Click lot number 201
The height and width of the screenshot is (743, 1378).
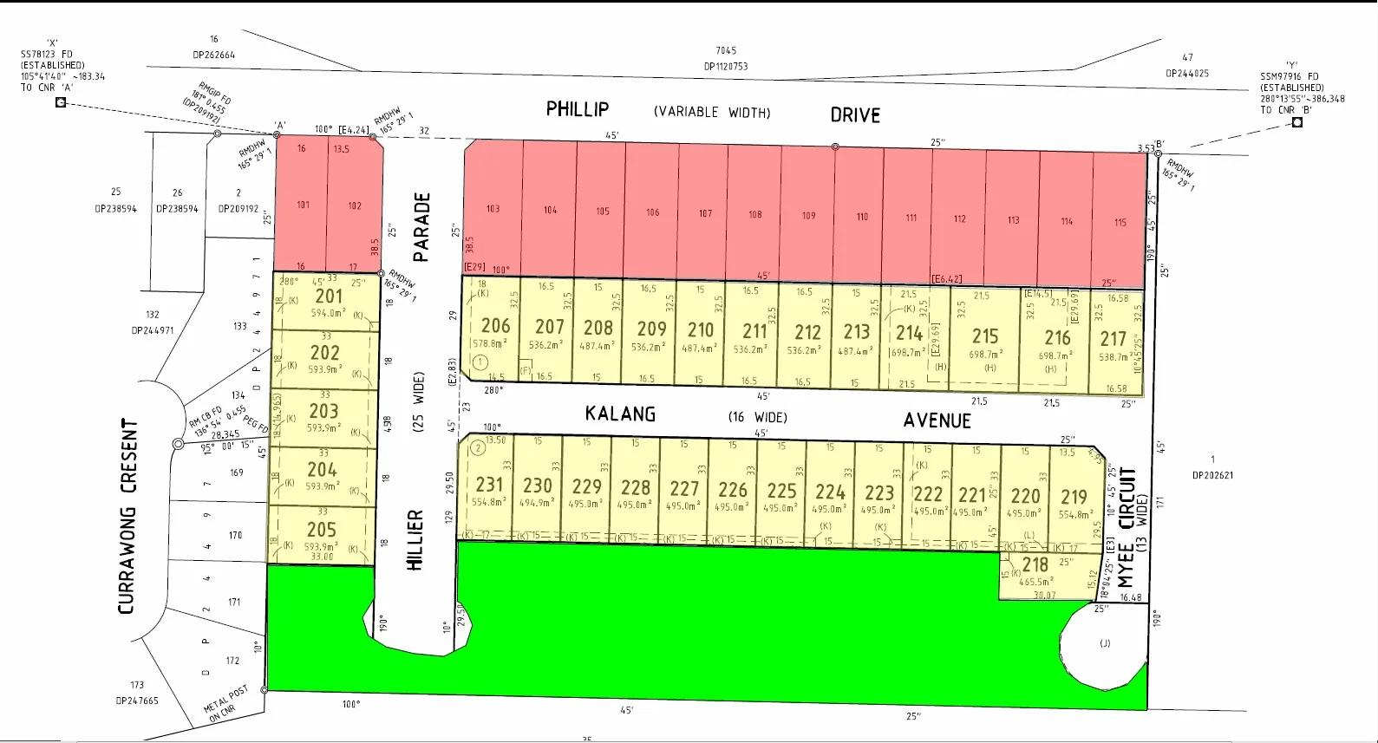pyautogui.click(x=329, y=297)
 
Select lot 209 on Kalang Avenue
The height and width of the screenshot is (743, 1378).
pyautogui.click(x=651, y=329)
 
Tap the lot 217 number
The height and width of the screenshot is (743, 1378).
pyautogui.click(x=1114, y=339)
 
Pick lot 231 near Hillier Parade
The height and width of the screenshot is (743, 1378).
pyautogui.click(x=489, y=486)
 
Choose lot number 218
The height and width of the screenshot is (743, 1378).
pyautogui.click(x=1035, y=565)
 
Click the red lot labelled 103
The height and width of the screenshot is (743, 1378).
pyautogui.click(x=493, y=209)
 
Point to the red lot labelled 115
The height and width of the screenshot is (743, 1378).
pyautogui.click(x=1120, y=223)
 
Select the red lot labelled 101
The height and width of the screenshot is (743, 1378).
pyautogui.click(x=303, y=205)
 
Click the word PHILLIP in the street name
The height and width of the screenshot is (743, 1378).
pyautogui.click(x=578, y=109)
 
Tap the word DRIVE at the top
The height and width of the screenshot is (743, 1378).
pyautogui.click(x=855, y=115)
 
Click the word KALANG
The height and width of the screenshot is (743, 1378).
pyautogui.click(x=620, y=414)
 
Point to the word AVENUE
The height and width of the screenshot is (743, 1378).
pyautogui.click(x=937, y=420)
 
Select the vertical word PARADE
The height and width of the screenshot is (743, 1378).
pyautogui.click(x=421, y=227)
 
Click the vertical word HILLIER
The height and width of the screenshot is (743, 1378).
pyautogui.click(x=415, y=539)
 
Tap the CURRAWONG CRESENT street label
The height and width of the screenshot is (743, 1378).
pyautogui.click(x=127, y=516)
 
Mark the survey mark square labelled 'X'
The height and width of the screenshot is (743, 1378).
pyautogui.click(x=61, y=102)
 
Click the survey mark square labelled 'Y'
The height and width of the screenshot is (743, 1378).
pyautogui.click(x=1297, y=122)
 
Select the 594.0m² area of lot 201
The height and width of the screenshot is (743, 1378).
pyautogui.click(x=329, y=313)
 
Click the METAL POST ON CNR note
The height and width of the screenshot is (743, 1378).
pyautogui.click(x=225, y=703)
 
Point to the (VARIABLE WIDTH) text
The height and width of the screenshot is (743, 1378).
pyautogui.click(x=712, y=112)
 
